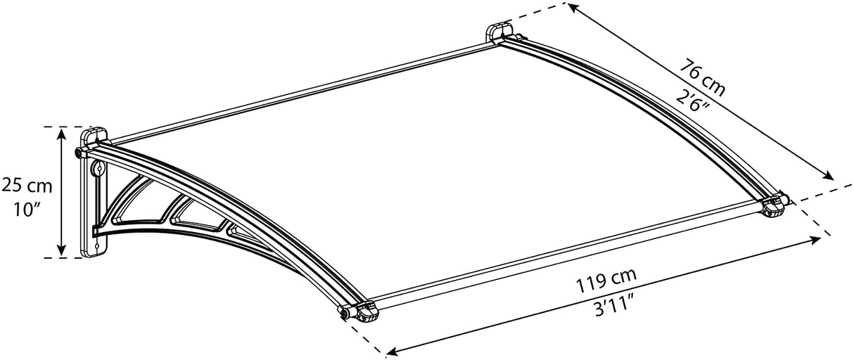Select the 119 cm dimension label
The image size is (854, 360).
602,285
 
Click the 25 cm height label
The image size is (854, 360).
27,186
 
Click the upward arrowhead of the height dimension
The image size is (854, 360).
62,132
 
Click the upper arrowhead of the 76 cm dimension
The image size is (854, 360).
573,8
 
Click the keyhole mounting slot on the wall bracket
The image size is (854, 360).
98,169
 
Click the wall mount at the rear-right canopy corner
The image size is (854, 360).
500,33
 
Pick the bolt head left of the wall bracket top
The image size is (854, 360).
79,152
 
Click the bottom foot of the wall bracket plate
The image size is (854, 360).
94,248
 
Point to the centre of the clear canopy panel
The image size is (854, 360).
436,155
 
